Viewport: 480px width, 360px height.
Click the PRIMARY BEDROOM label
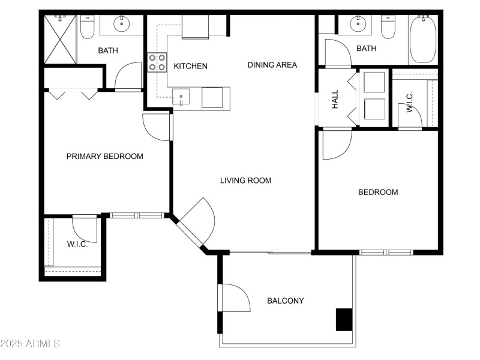104,157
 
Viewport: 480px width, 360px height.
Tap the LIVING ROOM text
245,180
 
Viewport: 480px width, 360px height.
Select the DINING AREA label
272,65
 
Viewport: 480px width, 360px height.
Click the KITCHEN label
190,66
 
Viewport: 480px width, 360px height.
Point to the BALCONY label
285,301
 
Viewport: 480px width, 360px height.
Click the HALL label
335,99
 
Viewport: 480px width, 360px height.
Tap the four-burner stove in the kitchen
157,62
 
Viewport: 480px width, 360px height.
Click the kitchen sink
181,96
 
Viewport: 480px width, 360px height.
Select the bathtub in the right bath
424,40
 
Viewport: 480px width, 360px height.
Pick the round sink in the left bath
121,25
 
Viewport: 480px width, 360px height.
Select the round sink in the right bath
359,25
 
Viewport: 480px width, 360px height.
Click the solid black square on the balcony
344,319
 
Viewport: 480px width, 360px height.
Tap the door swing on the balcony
236,298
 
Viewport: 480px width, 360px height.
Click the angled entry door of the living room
197,223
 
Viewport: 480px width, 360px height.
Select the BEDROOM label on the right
377,193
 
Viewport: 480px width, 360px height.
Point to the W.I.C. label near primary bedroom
77,244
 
